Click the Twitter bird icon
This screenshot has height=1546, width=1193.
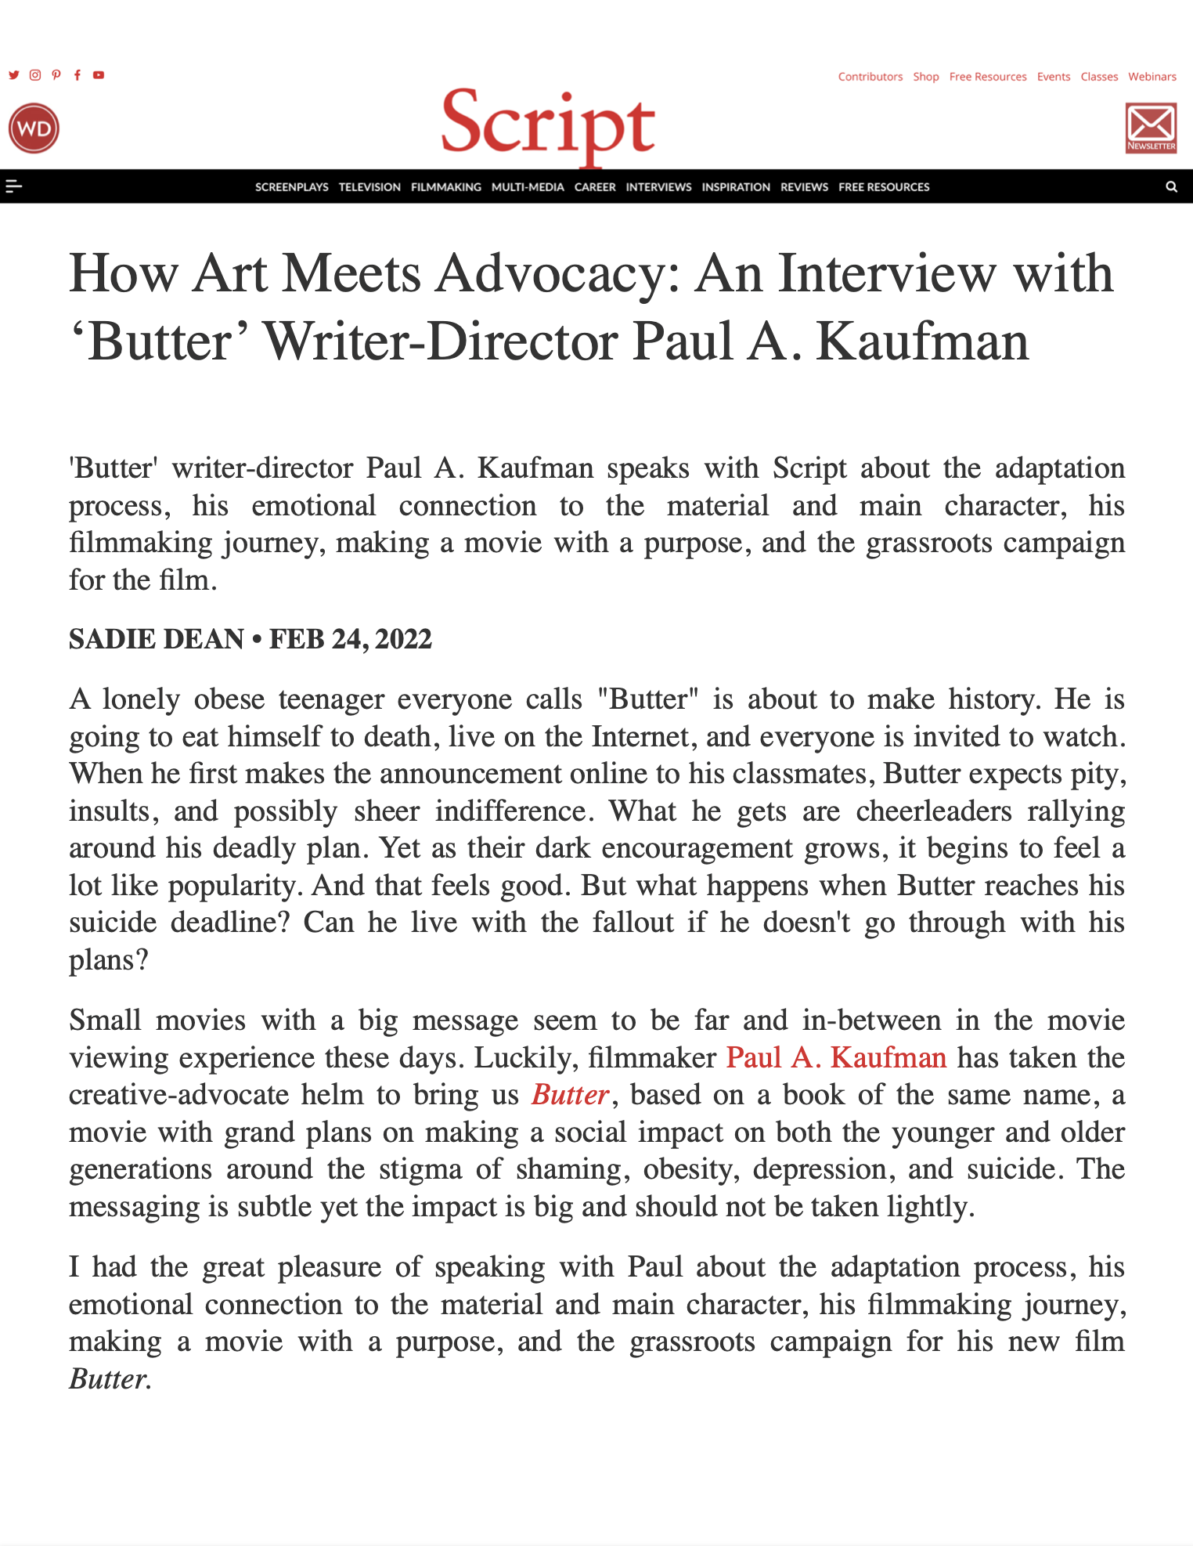(14, 75)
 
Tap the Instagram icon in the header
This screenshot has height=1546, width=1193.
(35, 75)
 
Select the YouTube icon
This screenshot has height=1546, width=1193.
(99, 75)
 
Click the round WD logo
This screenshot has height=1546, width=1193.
(34, 128)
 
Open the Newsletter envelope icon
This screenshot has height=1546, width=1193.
(1151, 128)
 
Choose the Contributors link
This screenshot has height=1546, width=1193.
(870, 77)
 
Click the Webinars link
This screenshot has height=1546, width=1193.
(1152, 77)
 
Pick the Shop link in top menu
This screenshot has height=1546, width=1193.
(925, 77)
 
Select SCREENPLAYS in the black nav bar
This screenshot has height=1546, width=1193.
(291, 187)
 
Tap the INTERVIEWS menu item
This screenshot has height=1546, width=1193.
(658, 187)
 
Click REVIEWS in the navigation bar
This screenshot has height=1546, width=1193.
(804, 187)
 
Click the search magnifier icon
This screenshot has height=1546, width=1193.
(1171, 187)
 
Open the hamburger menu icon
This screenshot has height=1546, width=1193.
(13, 186)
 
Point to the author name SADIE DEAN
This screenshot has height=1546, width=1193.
(156, 639)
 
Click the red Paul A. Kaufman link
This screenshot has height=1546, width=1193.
(836, 1057)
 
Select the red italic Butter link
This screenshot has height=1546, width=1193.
(570, 1095)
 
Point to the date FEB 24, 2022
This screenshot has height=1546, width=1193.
(350, 639)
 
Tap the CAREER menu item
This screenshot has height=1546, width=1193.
(595, 187)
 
